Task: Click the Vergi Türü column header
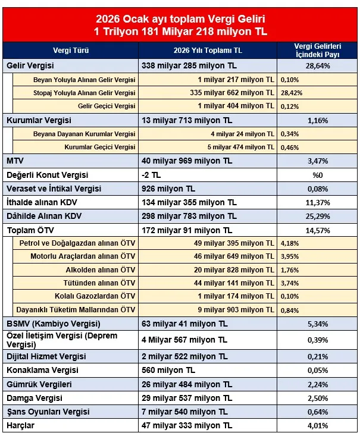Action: tap(71, 51)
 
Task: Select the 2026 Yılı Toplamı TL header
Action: tap(208, 51)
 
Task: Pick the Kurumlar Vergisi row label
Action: tap(39, 120)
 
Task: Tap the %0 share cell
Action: tap(317, 175)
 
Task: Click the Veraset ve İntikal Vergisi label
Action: tap(54, 189)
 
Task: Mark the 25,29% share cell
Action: tap(317, 216)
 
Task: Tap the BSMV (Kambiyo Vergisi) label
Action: tap(52, 324)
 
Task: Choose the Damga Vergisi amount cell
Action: tap(185, 398)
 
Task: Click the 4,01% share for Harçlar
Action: tap(317, 425)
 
